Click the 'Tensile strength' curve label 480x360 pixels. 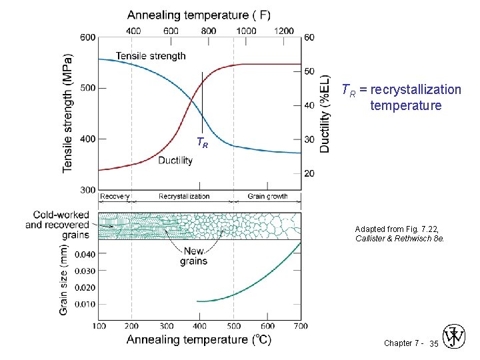(151, 56)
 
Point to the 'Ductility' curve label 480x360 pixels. (175, 161)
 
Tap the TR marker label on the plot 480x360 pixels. (202, 142)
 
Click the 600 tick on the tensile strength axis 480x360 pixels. (88, 37)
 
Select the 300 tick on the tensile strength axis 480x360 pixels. (88, 190)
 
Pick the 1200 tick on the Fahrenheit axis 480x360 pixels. (283, 31)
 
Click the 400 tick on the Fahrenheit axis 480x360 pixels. (133, 31)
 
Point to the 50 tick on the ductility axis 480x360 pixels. (309, 71)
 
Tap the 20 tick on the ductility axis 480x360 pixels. (309, 173)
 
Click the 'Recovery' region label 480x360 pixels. (115, 197)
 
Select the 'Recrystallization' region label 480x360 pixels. (184, 197)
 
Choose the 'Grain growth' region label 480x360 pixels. (267, 197)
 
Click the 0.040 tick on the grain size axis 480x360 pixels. (85, 254)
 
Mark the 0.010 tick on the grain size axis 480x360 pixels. (85, 304)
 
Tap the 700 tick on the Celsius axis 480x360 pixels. (301, 326)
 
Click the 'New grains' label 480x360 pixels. (193, 256)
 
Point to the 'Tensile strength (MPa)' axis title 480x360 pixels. (68, 113)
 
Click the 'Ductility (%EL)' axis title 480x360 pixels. (325, 113)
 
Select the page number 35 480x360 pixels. (433, 343)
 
